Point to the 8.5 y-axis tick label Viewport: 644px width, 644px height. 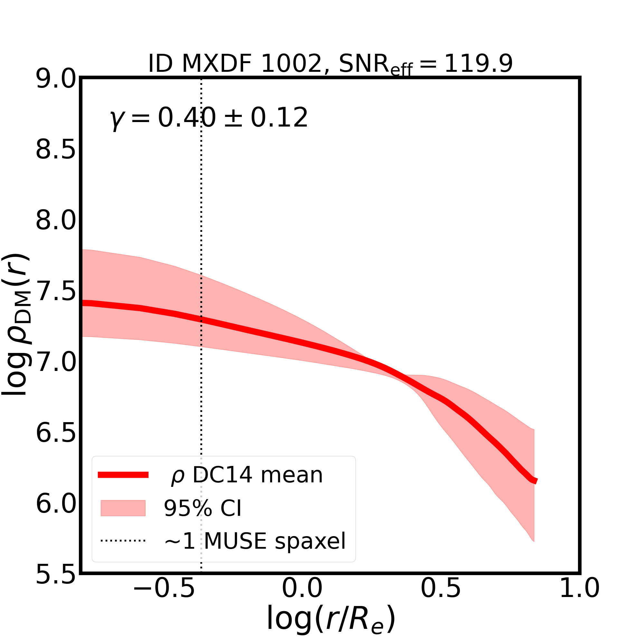click(x=56, y=150)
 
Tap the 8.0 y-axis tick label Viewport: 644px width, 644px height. click(x=56, y=221)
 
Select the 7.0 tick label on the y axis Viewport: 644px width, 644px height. click(x=56, y=363)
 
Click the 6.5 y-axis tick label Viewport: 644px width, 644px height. click(x=56, y=434)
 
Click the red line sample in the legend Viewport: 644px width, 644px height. click(x=123, y=475)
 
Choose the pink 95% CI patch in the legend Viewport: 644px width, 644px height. click(x=123, y=508)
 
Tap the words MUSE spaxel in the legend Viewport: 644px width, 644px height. click(x=275, y=541)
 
